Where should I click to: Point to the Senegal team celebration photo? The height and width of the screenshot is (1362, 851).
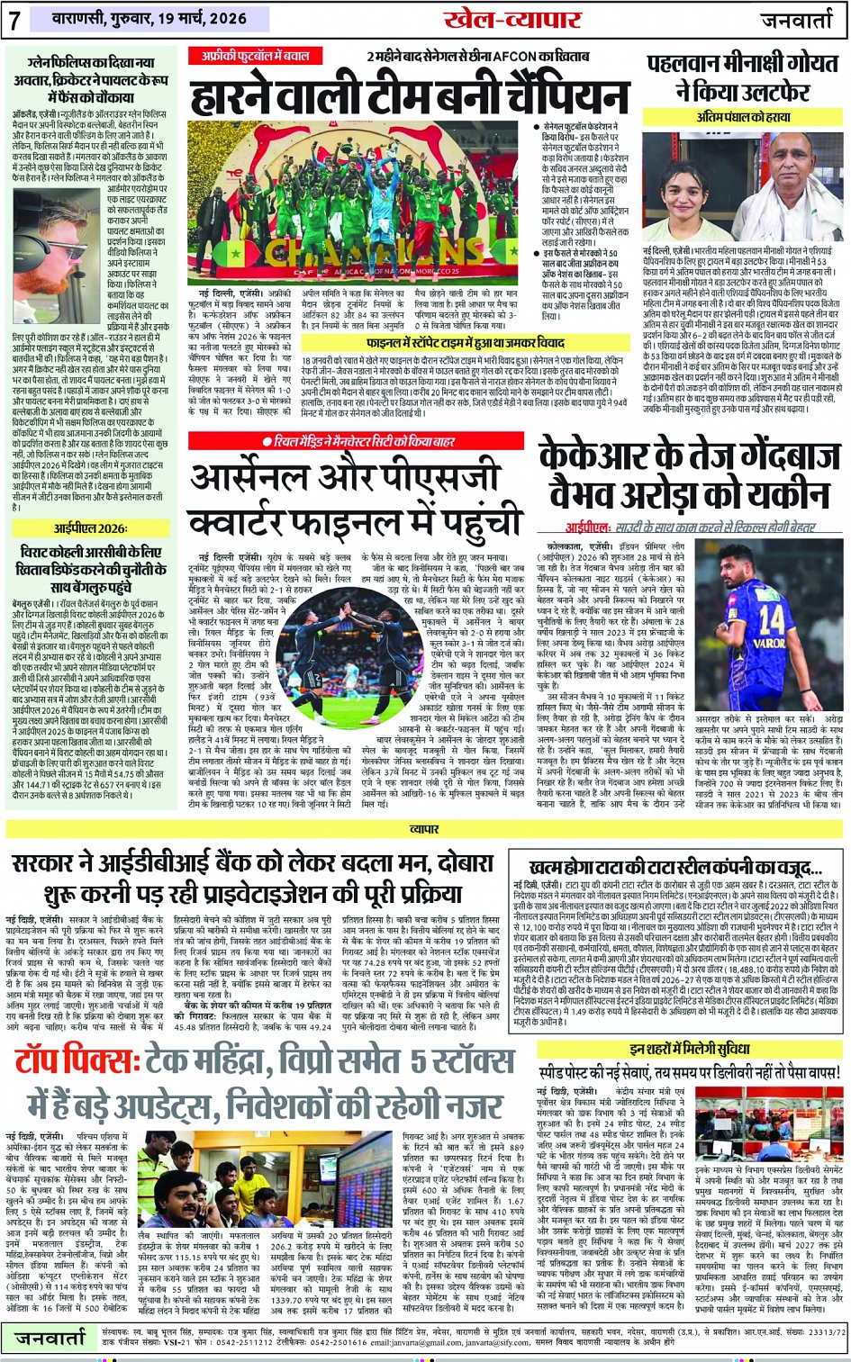click(x=358, y=203)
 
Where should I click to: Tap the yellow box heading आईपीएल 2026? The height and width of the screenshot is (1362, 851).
click(x=90, y=528)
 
